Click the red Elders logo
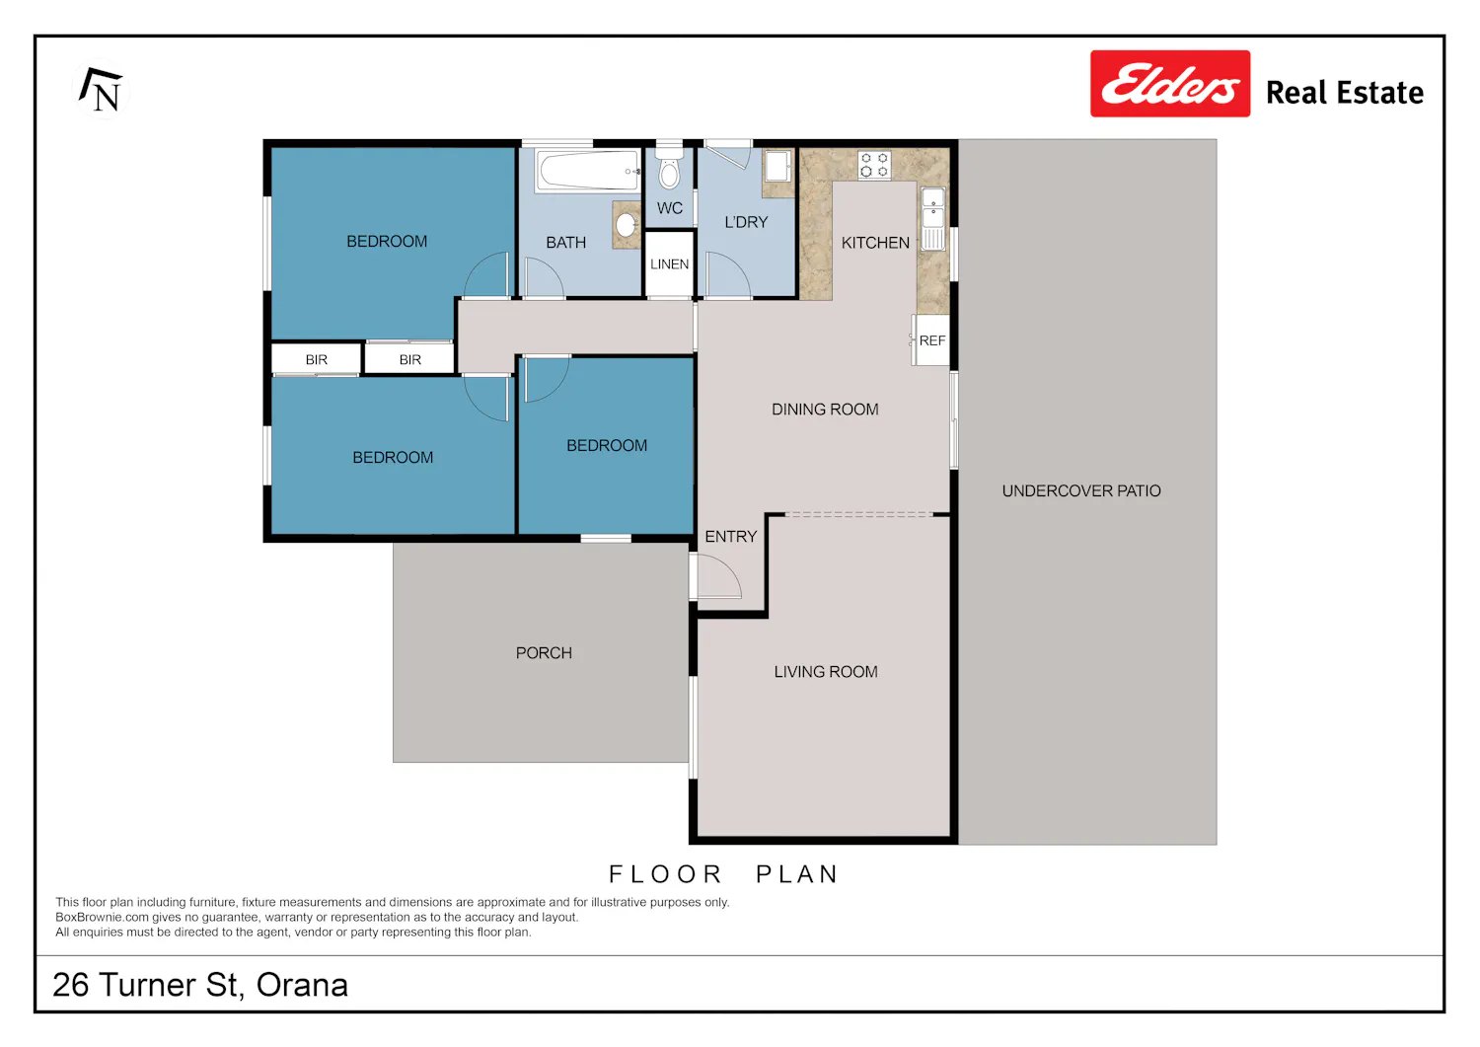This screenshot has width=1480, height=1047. click(1170, 83)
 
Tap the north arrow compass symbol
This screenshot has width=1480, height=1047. click(101, 90)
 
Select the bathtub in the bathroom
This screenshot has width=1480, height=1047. click(588, 171)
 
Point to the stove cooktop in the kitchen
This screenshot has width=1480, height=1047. click(874, 165)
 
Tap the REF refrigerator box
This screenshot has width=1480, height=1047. click(931, 340)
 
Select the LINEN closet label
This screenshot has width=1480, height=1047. click(669, 264)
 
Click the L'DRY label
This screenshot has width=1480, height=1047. click(746, 222)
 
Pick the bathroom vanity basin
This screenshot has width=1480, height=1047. click(627, 225)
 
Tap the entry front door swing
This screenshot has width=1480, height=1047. click(716, 576)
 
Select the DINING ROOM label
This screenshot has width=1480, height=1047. click(825, 410)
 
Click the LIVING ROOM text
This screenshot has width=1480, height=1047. click(826, 672)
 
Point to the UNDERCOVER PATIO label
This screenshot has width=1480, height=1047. click(1081, 490)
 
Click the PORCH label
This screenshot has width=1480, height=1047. click(544, 653)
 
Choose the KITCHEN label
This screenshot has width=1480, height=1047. click(875, 243)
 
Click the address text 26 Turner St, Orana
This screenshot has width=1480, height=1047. click(200, 985)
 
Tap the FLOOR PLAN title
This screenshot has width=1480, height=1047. click(723, 874)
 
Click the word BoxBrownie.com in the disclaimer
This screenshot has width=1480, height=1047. click(103, 918)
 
